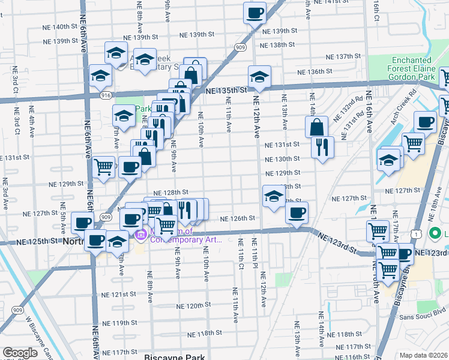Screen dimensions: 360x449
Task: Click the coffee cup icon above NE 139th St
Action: click(x=254, y=12)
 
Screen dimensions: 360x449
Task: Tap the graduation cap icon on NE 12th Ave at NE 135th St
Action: click(x=260, y=76)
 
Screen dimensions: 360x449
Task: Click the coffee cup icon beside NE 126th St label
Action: click(x=297, y=212)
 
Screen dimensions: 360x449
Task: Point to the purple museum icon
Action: click(x=141, y=234)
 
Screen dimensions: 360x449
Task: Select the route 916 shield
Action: click(x=106, y=95)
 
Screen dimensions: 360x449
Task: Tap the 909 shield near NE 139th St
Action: click(x=240, y=47)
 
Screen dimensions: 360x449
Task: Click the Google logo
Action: click(x=20, y=353)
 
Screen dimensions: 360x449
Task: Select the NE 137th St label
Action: click(x=343, y=56)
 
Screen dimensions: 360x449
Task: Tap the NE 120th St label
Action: click(x=187, y=305)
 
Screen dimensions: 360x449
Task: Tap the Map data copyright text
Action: click(x=424, y=355)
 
